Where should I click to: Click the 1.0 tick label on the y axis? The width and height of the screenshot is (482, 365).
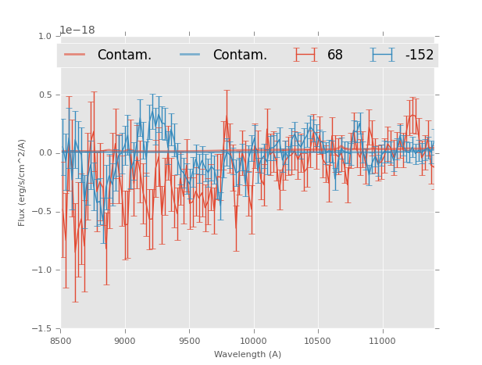tap(45, 37)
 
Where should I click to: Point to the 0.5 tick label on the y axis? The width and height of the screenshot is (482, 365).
tap(45, 95)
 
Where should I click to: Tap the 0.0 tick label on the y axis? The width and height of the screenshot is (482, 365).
tap(45, 153)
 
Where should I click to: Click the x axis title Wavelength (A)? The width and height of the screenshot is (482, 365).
tap(248, 355)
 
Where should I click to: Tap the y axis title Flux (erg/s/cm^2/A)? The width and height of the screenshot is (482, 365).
tap(23, 182)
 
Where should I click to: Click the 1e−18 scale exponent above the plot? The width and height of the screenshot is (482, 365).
tap(77, 30)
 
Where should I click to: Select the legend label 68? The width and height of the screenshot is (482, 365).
tap(335, 55)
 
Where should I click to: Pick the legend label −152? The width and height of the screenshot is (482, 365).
tap(419, 55)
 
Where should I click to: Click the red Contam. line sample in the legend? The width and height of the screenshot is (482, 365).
tap(75, 55)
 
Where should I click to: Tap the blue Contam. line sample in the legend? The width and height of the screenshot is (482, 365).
tap(191, 55)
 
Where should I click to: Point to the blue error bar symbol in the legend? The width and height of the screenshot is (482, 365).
tap(383, 55)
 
